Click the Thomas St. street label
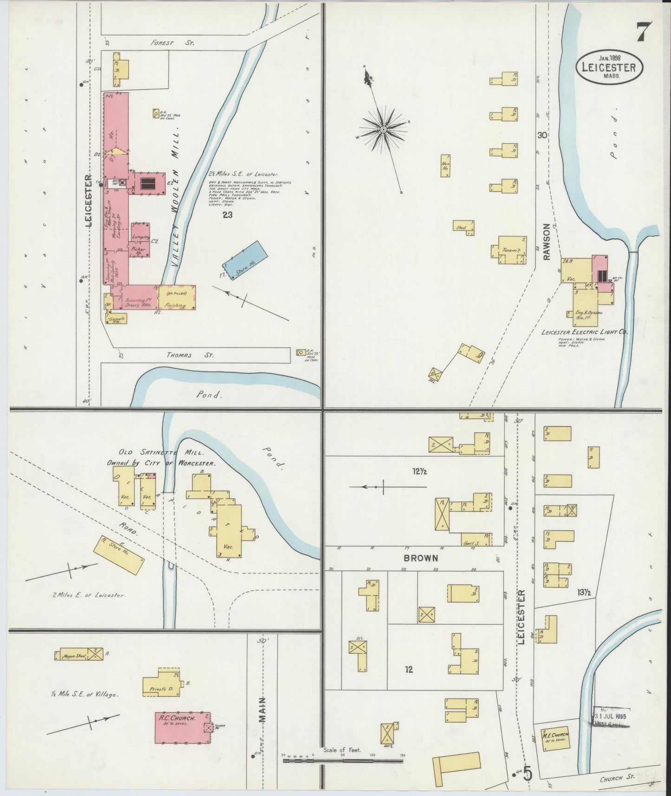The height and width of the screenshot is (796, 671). [190, 355]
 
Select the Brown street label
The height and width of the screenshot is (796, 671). [421, 558]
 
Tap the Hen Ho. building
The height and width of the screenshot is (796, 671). [445, 166]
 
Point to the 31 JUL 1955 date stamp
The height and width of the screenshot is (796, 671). [612, 716]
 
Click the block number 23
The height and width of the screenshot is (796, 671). [227, 215]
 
